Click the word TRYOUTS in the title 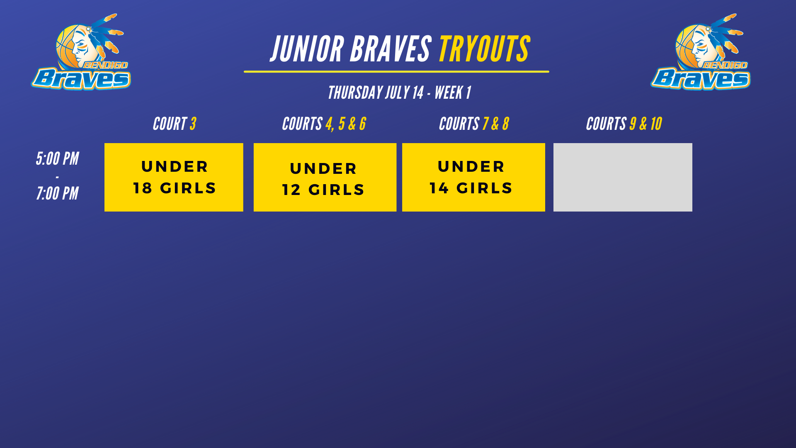coord(484,49)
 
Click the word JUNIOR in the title coord(307,49)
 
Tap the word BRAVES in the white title coord(391,49)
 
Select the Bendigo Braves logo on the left coord(81,52)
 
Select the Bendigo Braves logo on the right coord(701,52)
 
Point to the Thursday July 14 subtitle coord(399,93)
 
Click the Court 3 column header coord(174,124)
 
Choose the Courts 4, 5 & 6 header coord(324,124)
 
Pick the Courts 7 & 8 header coord(474,124)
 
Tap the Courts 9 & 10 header coord(624,124)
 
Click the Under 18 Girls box coord(174,177)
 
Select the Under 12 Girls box coord(325,177)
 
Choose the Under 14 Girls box coord(473,177)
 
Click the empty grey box coord(623,177)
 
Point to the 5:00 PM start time coord(57,158)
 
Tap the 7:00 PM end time coord(57,193)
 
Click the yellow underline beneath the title coord(396,72)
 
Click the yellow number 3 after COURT coord(193,124)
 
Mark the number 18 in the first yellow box coord(143,188)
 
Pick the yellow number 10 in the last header coord(656,124)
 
